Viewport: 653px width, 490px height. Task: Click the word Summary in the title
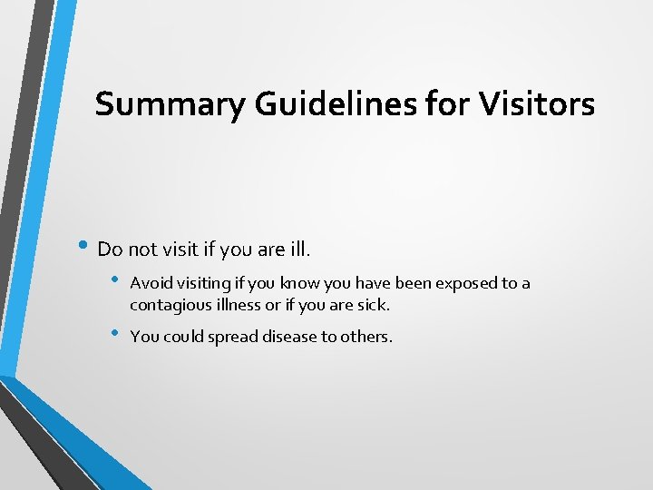169,105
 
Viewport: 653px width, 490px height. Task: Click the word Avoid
149,283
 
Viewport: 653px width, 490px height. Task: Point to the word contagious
168,306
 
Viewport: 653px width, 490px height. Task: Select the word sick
374,306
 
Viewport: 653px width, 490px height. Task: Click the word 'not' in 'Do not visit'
142,249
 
